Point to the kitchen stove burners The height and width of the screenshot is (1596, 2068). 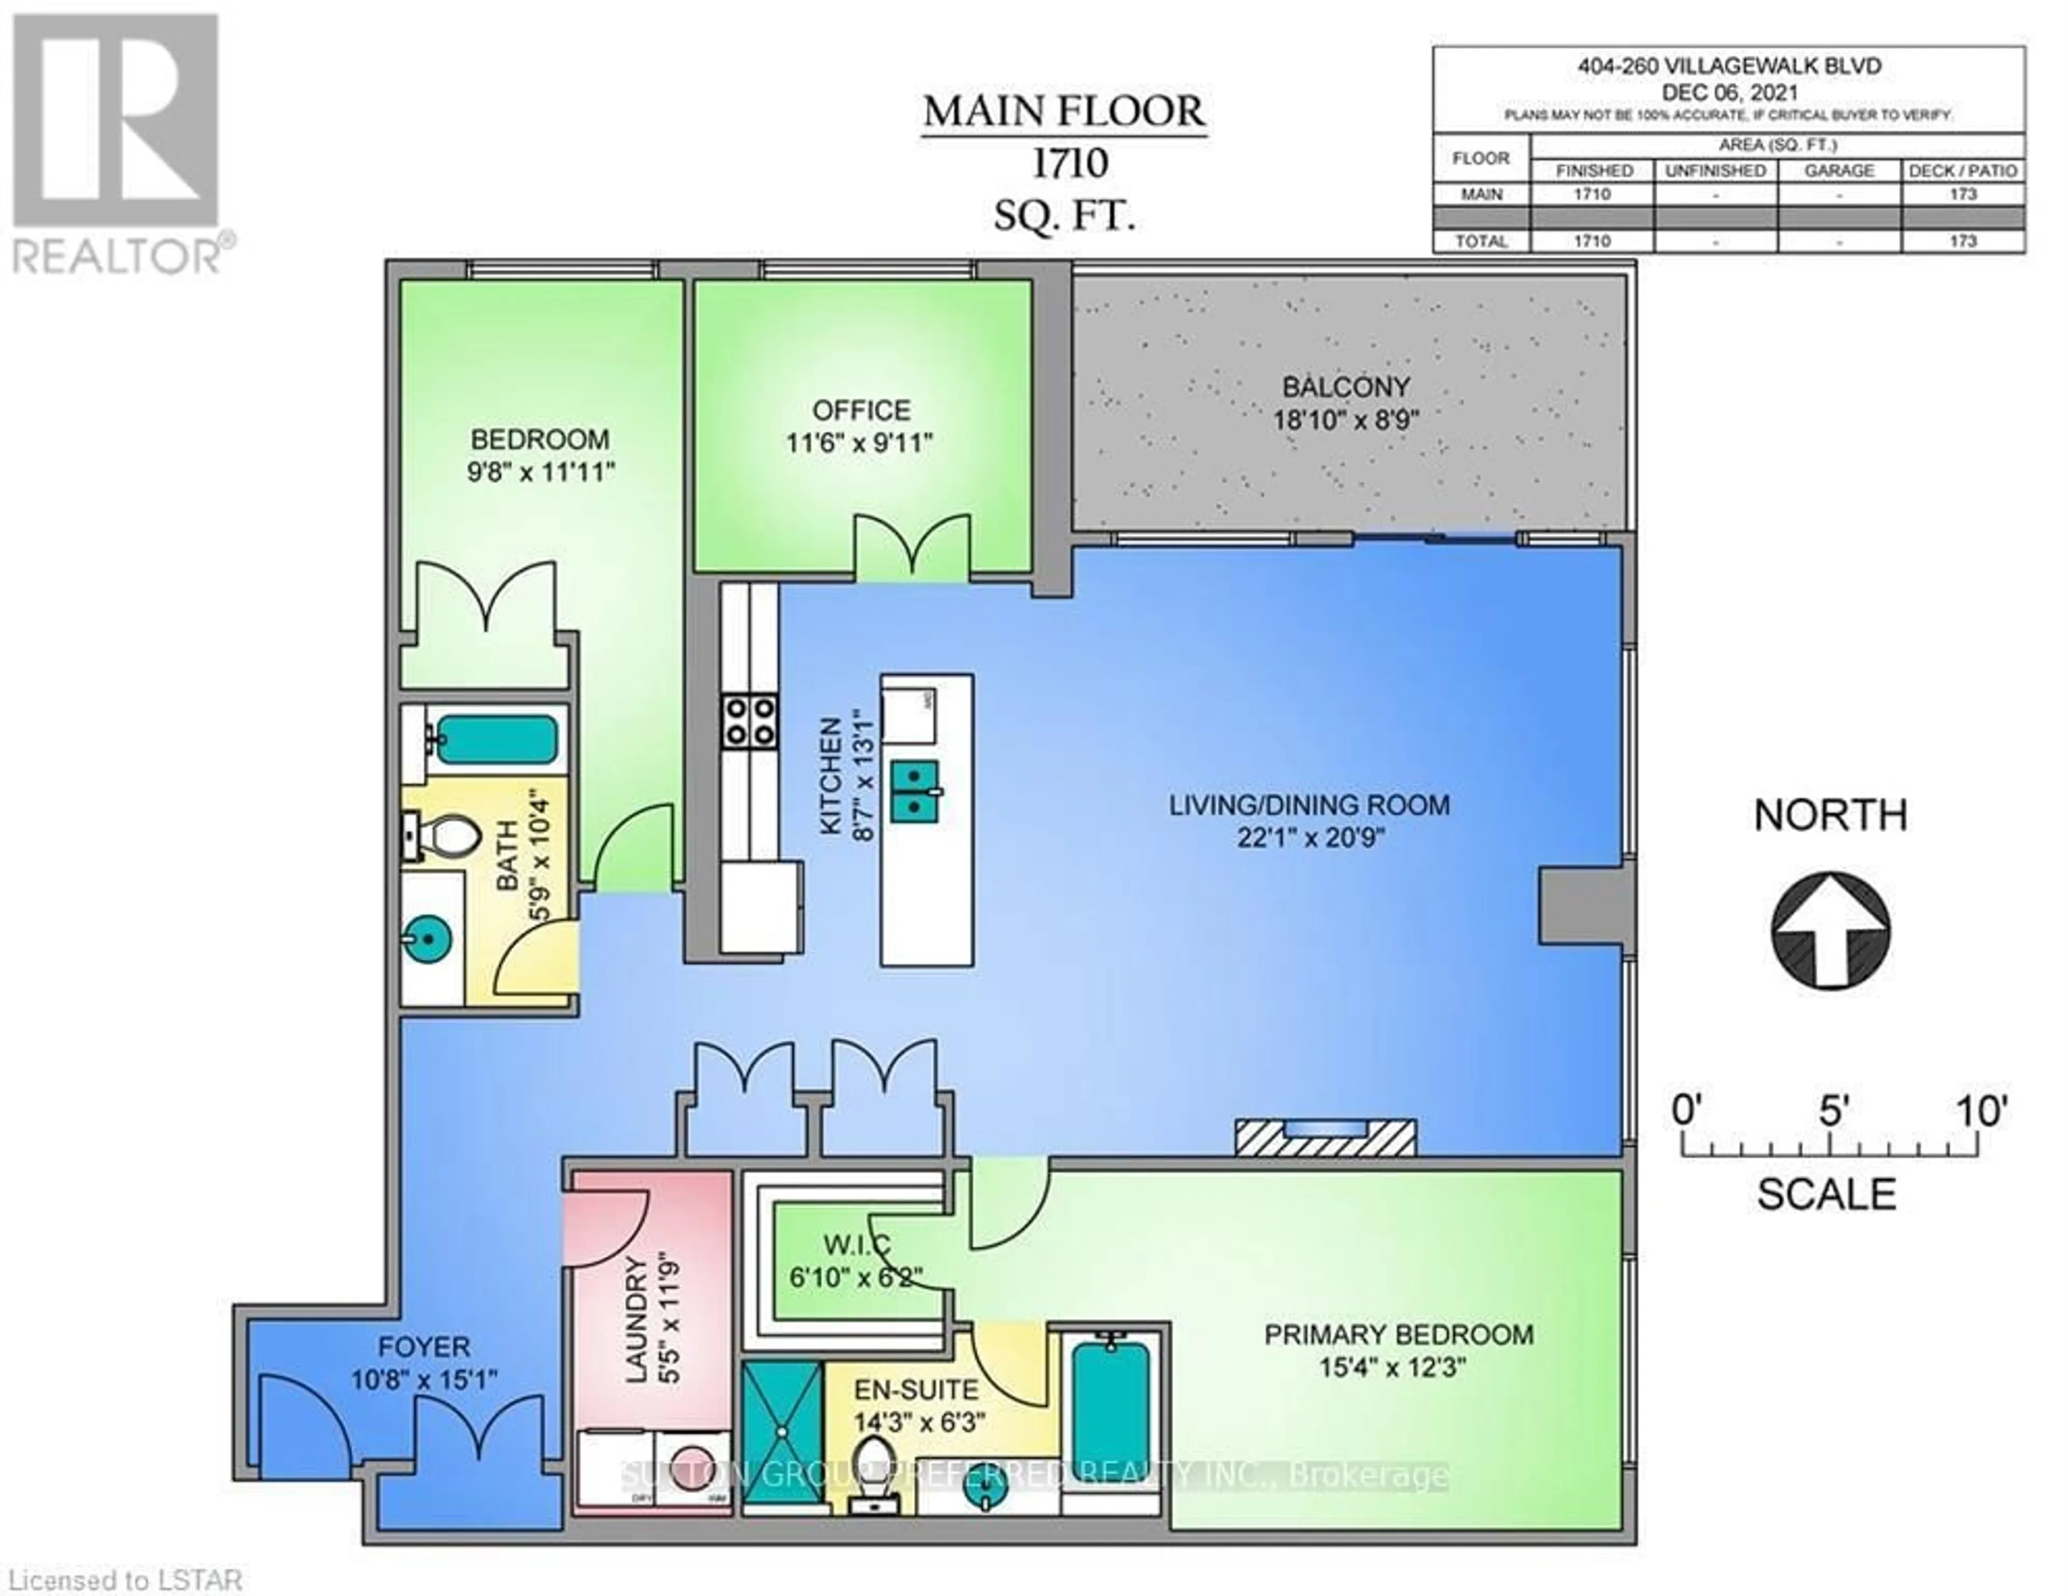tap(749, 722)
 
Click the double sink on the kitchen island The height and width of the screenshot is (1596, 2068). tap(914, 789)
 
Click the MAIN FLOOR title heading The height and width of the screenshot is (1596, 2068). tap(1064, 113)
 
